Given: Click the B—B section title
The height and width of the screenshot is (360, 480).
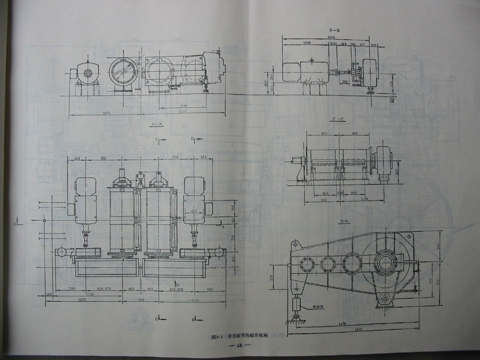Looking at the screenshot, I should pos(334,30).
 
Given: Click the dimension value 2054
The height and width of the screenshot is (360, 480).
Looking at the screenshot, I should pos(331,37).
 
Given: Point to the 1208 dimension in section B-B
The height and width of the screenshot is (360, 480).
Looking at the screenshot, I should pos(307,43).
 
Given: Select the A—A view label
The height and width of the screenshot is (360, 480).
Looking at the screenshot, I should pos(157,124).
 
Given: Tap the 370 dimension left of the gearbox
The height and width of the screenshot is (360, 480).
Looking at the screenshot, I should pos(272,278).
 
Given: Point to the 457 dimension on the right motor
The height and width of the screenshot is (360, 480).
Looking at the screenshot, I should pos(194,211).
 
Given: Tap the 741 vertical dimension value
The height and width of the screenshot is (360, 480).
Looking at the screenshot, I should pos(233,238).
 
